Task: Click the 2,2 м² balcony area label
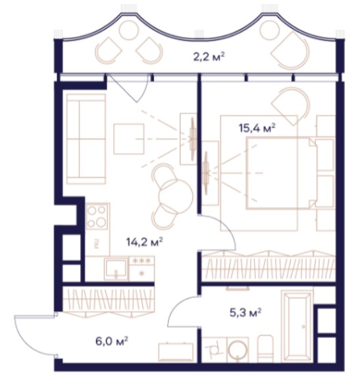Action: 209,57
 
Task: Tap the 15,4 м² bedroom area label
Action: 257,128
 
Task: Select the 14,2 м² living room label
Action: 145,242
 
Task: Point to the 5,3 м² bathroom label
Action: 245,313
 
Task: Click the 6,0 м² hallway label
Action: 112,342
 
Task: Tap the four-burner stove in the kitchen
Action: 97,216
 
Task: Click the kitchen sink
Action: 116,268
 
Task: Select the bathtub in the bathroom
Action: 297,326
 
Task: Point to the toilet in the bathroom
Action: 265,349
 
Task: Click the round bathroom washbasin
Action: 238,350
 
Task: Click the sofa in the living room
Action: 86,139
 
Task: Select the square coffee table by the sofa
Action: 128,139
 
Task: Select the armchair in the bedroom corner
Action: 290,107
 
